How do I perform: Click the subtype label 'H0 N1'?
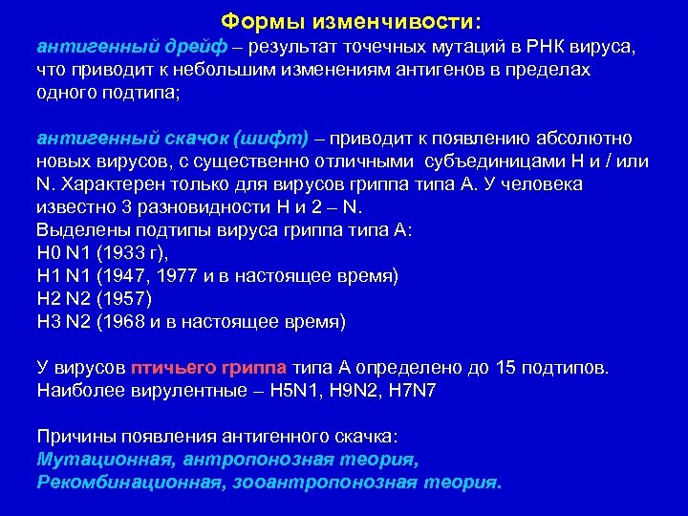(x=63, y=253)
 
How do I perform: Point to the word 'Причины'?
(x=75, y=437)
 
